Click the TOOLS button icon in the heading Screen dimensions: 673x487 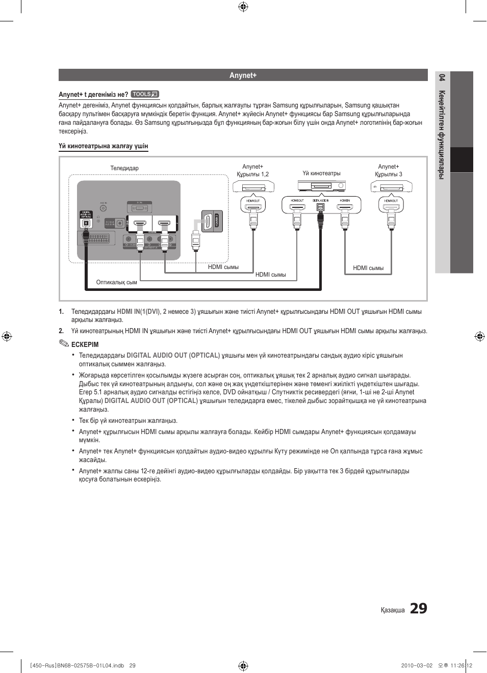[x=145, y=94]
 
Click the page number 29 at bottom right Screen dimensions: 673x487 [x=418, y=608]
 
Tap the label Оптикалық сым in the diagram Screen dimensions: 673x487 [x=116, y=282]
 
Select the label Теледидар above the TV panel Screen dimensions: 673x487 [x=124, y=168]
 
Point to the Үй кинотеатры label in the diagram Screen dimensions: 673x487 [x=321, y=173]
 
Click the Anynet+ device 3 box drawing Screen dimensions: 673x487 [x=391, y=187]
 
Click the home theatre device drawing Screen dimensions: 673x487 [x=321, y=186]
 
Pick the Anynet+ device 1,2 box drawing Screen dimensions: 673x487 [x=253, y=187]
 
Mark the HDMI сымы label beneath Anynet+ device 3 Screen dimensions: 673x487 [x=368, y=268]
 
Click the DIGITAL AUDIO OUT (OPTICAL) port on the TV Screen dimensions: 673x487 [x=86, y=222]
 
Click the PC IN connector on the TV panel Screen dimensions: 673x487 [x=139, y=207]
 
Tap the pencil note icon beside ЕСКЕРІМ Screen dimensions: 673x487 [x=63, y=343]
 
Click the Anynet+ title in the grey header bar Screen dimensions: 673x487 [x=243, y=75]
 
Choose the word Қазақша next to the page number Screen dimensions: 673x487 [x=393, y=610]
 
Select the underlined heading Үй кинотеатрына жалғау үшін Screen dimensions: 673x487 [x=103, y=146]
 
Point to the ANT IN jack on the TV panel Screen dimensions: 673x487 [x=104, y=208]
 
